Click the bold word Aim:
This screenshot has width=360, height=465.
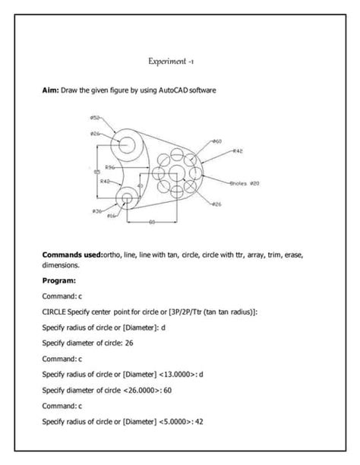tap(51, 90)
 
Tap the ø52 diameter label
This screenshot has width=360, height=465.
tap(95, 118)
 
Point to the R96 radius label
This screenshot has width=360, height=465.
tap(109, 166)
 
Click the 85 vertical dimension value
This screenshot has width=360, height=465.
tap(96, 172)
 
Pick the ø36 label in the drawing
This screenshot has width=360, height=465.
tap(97, 210)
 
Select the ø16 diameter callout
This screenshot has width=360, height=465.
tap(111, 217)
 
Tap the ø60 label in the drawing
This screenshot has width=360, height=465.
tap(216, 141)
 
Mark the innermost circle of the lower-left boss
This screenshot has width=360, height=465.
tap(126, 198)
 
